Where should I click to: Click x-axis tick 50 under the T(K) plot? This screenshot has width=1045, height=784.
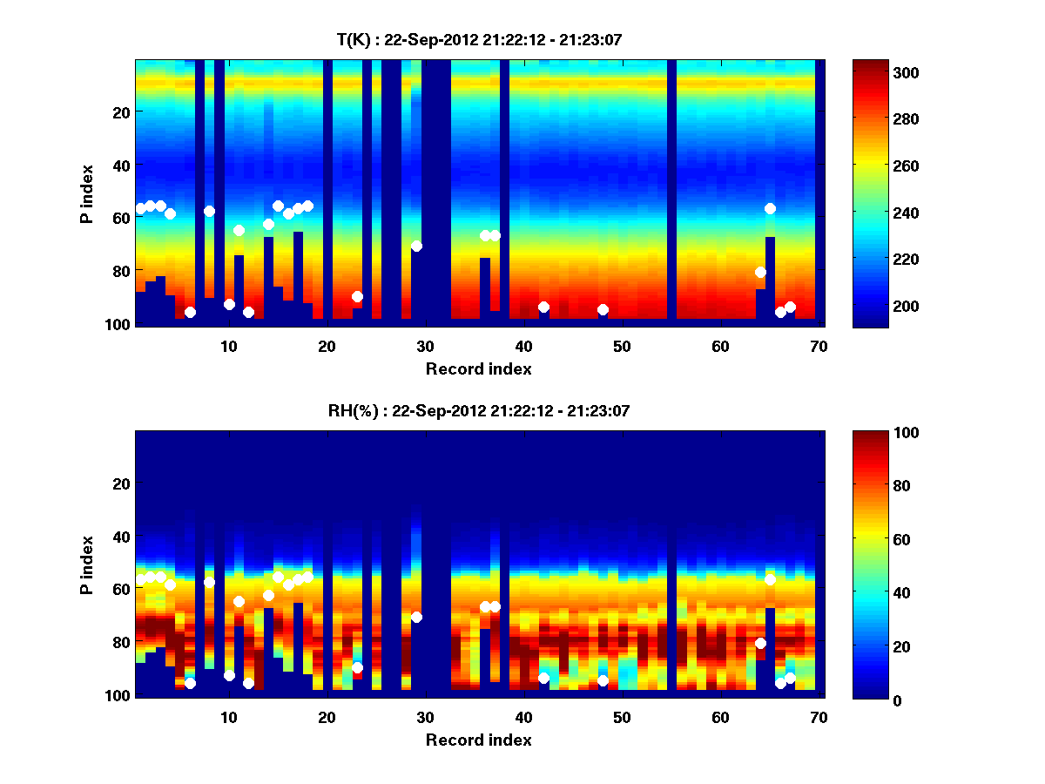click(622, 346)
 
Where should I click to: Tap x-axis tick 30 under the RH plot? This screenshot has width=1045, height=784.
click(425, 717)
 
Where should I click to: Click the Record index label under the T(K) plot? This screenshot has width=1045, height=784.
click(478, 368)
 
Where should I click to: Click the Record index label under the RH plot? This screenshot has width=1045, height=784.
click(478, 740)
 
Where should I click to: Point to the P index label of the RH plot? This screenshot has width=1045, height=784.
click(87, 565)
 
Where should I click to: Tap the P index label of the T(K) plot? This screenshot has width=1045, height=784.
click(87, 194)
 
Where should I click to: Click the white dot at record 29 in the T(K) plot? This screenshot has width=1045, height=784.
click(416, 246)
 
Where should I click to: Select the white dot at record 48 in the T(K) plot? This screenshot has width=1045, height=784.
click(603, 309)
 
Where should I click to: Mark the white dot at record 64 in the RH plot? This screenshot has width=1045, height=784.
click(760, 643)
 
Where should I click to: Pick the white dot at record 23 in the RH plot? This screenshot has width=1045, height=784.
click(357, 667)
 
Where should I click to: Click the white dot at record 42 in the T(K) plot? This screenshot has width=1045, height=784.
click(543, 307)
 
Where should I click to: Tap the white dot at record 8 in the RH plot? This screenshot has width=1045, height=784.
click(209, 582)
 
